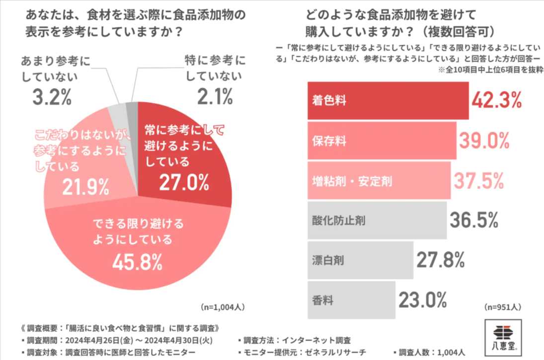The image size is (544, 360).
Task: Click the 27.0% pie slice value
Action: click(x=184, y=182)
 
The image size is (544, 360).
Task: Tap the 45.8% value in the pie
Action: click(x=138, y=260)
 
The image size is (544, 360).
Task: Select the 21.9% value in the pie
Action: click(x=85, y=186)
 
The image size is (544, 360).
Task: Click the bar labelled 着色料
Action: click(x=388, y=100)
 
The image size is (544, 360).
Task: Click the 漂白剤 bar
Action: click(x=360, y=260)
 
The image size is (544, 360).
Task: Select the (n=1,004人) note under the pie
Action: click(x=222, y=306)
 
